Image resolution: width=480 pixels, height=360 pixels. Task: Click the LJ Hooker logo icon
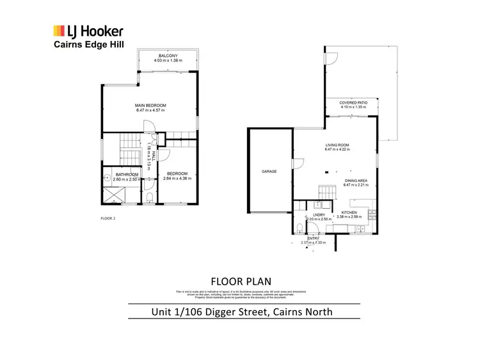[59, 31]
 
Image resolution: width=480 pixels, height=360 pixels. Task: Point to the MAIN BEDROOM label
[150, 105]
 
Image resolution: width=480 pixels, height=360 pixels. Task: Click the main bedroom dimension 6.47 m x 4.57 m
[150, 110]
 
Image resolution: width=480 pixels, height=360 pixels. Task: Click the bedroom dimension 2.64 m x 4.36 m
[177, 179]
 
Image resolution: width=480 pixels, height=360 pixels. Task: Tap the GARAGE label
[268, 172]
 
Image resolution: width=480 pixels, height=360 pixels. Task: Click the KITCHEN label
[349, 211]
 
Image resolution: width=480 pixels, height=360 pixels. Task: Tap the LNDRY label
[319, 214]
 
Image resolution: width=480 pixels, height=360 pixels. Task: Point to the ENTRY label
[313, 239]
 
